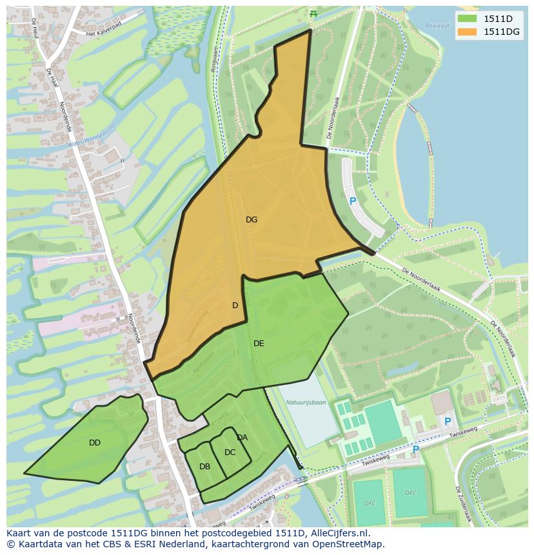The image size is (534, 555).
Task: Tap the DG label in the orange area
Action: [252, 220]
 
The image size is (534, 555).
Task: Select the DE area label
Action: [259, 344]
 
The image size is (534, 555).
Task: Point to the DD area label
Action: [95, 443]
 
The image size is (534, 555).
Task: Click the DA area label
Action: [242, 438]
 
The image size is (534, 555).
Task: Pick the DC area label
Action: [230, 453]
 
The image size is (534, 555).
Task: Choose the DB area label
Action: [204, 467]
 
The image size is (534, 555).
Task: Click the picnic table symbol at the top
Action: [313, 14]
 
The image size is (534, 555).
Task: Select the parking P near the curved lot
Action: [353, 201]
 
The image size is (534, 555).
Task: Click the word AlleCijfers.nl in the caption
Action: [337, 533]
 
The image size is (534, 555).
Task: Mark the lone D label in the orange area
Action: [235, 306]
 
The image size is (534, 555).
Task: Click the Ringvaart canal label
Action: [215, 57]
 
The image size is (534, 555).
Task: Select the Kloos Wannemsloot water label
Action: [92, 133]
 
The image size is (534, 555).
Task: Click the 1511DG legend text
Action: [502, 32]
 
